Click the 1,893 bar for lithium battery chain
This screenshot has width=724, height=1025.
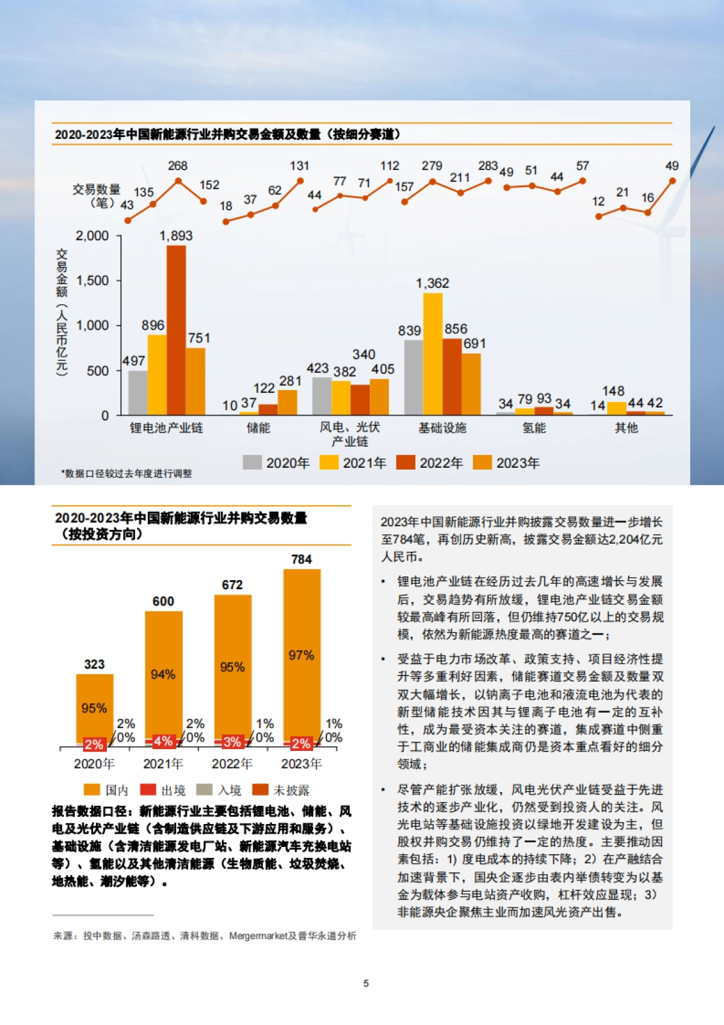tap(176, 330)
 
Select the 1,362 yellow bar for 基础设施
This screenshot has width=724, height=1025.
tap(433, 354)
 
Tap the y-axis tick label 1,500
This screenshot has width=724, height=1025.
tap(92, 281)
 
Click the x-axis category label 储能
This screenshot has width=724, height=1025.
tap(258, 428)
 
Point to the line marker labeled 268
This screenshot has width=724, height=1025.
tap(178, 180)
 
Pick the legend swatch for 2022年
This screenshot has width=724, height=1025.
tap(405, 462)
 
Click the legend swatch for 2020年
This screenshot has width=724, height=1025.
tap(252, 462)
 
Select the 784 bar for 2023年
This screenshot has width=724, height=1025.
tap(302, 652)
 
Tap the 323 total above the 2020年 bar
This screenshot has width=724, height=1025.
tap(94, 664)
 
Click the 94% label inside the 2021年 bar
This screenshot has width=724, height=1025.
tap(163, 674)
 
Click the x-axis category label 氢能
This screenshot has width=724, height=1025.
tap(534, 428)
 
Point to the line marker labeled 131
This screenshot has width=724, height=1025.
tap(300, 180)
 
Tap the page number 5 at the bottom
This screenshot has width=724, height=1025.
tap(366, 983)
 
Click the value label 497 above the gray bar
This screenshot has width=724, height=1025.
tap(133, 361)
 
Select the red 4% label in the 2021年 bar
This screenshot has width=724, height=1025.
tap(163, 741)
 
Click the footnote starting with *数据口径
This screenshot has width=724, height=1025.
tap(126, 473)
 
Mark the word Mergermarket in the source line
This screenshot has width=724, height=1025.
tap(258, 936)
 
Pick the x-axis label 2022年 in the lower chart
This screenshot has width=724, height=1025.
tap(232, 764)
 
